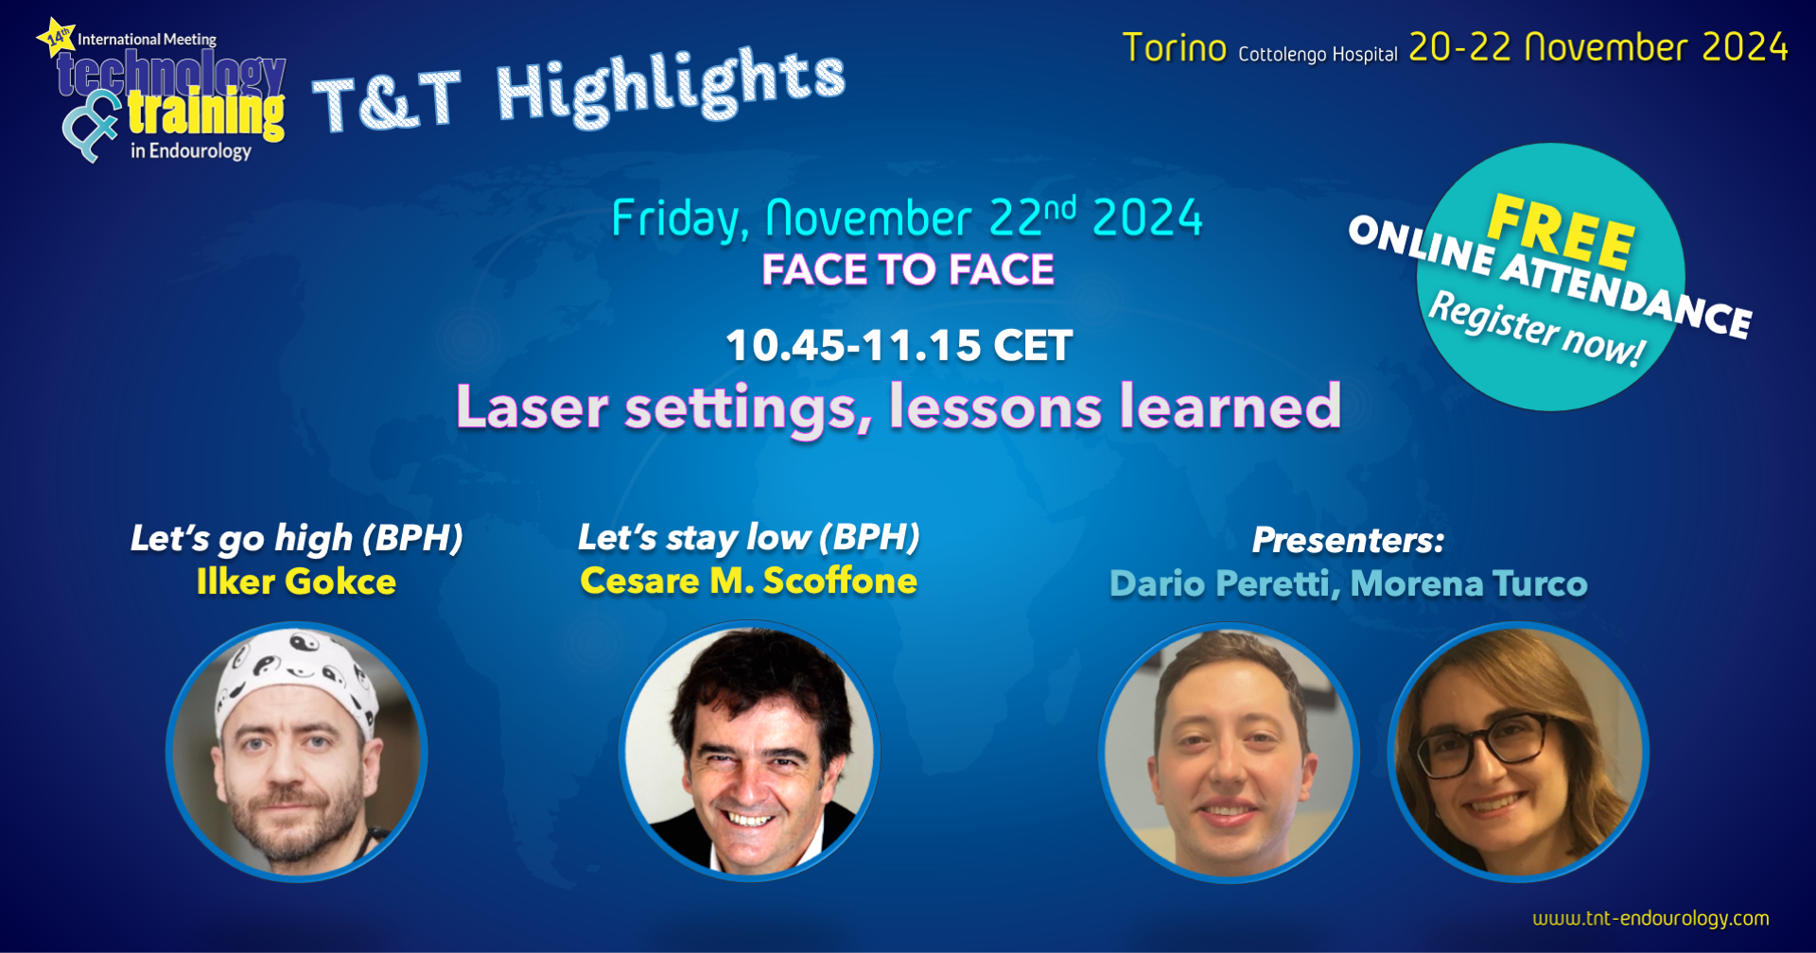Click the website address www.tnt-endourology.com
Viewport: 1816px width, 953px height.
click(1650, 918)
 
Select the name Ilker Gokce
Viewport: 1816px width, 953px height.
click(296, 581)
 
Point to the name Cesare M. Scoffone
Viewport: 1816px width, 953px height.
click(748, 580)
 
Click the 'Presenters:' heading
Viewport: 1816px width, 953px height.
click(1348, 540)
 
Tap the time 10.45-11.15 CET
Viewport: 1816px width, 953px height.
click(899, 345)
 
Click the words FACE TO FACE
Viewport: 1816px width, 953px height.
click(908, 269)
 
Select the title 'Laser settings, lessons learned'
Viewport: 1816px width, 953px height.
click(899, 407)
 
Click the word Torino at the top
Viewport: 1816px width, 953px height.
click(1175, 47)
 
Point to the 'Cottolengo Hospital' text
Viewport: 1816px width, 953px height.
click(1318, 54)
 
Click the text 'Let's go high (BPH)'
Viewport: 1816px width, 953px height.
click(297, 538)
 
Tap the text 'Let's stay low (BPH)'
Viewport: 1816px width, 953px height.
click(749, 537)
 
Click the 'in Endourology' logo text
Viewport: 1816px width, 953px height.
click(191, 151)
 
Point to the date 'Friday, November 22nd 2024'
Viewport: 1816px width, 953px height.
click(907, 218)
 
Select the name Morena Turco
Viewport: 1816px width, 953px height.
click(1469, 583)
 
